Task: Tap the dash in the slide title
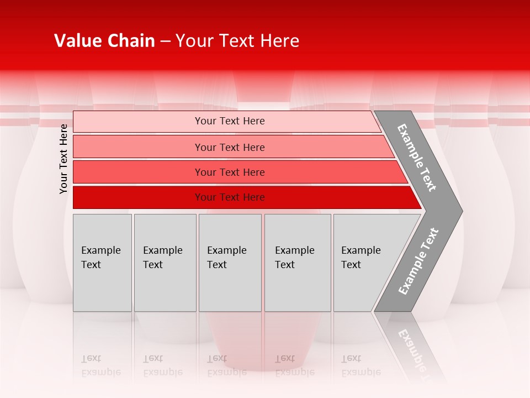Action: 165,41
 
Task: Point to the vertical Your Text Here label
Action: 63,159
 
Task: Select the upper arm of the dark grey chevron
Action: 417,158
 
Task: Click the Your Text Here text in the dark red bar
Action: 230,197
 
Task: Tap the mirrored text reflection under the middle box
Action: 226,365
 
